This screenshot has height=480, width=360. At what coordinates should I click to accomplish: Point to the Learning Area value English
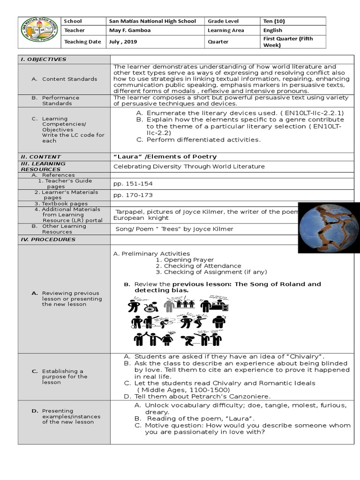coord(273,30)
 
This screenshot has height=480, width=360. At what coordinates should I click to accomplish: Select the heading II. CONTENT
coord(40,157)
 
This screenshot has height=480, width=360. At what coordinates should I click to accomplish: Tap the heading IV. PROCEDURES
coord(47,240)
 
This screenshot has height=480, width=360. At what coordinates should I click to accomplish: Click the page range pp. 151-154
coord(133,184)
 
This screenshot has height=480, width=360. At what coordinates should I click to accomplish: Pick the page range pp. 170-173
coord(133,195)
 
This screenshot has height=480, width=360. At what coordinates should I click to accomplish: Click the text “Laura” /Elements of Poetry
coord(165,157)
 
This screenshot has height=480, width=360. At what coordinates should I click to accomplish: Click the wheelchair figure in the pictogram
coord(150,307)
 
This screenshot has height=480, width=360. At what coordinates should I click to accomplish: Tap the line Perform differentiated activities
coord(203,140)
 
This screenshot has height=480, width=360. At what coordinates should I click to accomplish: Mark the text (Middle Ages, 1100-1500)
coord(183,390)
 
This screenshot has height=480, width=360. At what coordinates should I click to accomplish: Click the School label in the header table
coord(73,21)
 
